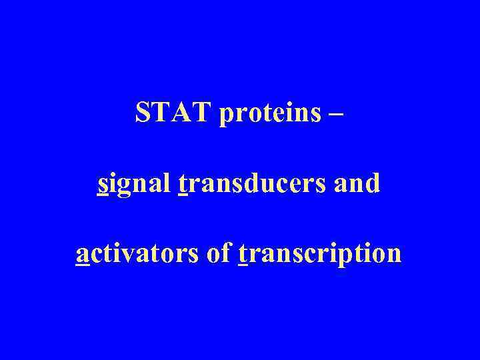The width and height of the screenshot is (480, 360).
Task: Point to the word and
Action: pos(358,183)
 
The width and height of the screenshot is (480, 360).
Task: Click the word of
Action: pos(219,253)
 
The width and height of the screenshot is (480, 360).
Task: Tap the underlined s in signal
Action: pos(103,185)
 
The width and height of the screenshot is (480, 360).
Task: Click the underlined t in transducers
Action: pos(185,184)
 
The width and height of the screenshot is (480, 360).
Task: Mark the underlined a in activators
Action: pos(83,255)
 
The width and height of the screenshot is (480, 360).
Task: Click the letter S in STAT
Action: pos(143,113)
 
